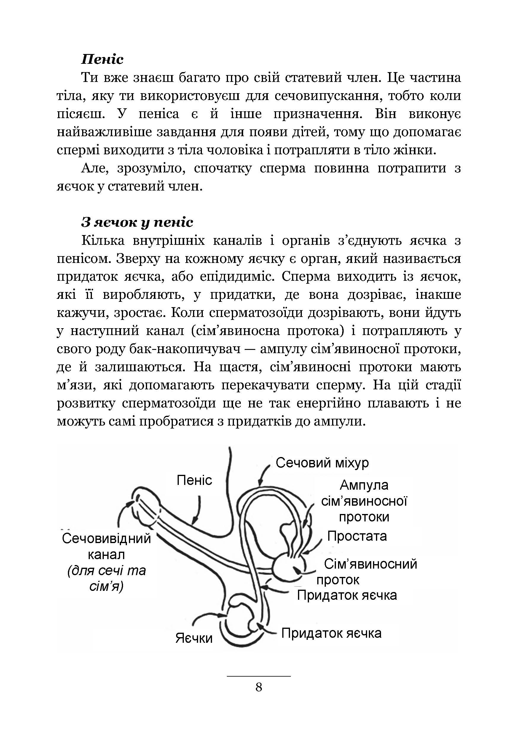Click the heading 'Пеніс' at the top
102,59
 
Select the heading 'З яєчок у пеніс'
137,222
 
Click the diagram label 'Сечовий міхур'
322,463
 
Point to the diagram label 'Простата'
357,536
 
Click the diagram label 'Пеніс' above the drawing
194,480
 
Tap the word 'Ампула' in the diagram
364,485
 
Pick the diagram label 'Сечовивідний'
106,539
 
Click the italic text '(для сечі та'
106,570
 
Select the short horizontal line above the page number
259,676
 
